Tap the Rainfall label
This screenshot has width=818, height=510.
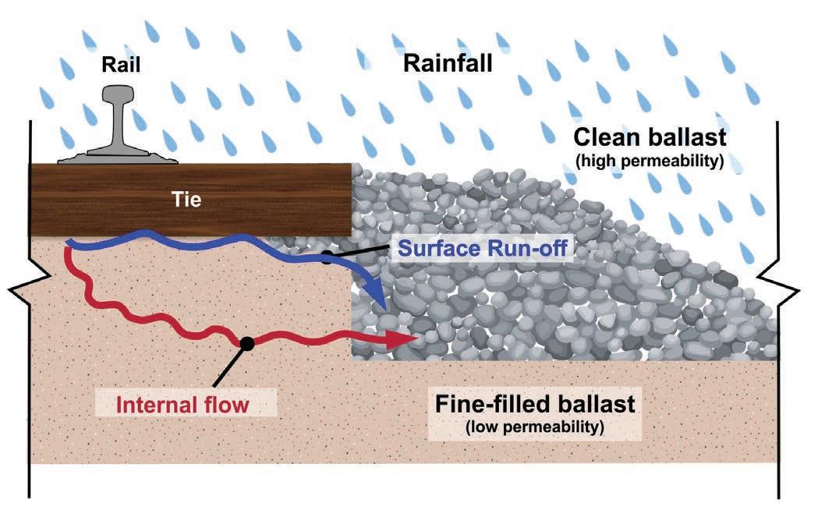pyautogui.click(x=448, y=63)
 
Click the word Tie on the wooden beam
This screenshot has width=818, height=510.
pyautogui.click(x=188, y=200)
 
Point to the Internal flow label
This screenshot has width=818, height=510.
pyautogui.click(x=182, y=405)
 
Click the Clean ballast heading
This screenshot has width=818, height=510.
pyautogui.click(x=650, y=138)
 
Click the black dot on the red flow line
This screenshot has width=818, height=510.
pyautogui.click(x=247, y=342)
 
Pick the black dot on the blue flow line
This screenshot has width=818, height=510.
pyautogui.click(x=328, y=257)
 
